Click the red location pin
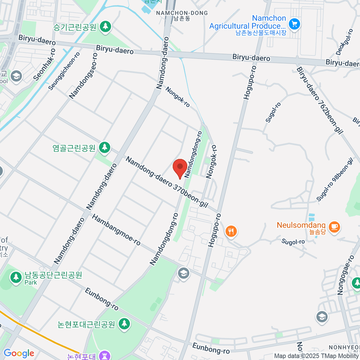[180, 167]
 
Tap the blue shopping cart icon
[294, 24]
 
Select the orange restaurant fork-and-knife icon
[231, 231]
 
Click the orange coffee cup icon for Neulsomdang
[334, 226]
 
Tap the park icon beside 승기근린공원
[105, 26]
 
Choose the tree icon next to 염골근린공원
[104, 147]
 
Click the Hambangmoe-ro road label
[116, 230]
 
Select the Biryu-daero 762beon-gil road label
[320, 100]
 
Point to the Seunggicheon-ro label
[64, 71]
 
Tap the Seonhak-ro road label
[44, 65]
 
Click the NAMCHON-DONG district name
[182, 13]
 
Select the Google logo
[19, 353]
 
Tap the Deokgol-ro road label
[344, 42]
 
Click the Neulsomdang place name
[301, 225]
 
